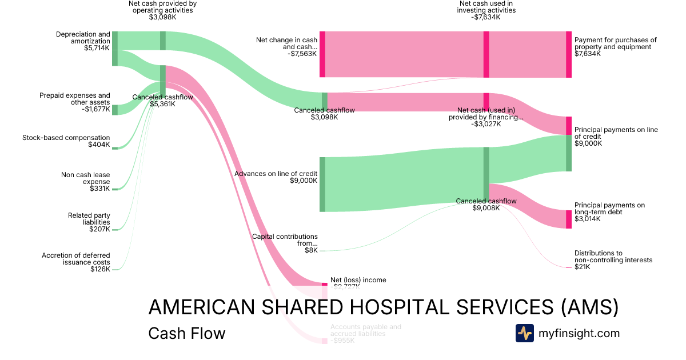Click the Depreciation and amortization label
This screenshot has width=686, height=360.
[82, 41]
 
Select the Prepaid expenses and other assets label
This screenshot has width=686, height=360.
[74, 102]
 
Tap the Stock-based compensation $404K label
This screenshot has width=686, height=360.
[66, 141]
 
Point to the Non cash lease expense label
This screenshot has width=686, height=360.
[85, 182]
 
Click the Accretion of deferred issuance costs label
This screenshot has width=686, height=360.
[75, 262]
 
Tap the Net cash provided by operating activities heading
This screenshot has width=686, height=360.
[163, 10]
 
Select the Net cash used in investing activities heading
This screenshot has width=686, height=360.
[486, 10]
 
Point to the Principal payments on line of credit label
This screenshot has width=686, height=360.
[616, 137]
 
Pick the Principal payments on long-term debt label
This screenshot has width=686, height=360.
[609, 212]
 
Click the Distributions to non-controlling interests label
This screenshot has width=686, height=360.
[613, 260]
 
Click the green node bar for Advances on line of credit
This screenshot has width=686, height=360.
[322, 184]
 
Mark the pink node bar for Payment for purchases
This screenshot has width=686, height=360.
[568, 54]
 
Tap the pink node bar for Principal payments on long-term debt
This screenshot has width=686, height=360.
[568, 219]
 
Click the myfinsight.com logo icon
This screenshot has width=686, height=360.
[524, 333]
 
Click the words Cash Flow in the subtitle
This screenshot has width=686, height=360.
[186, 333]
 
